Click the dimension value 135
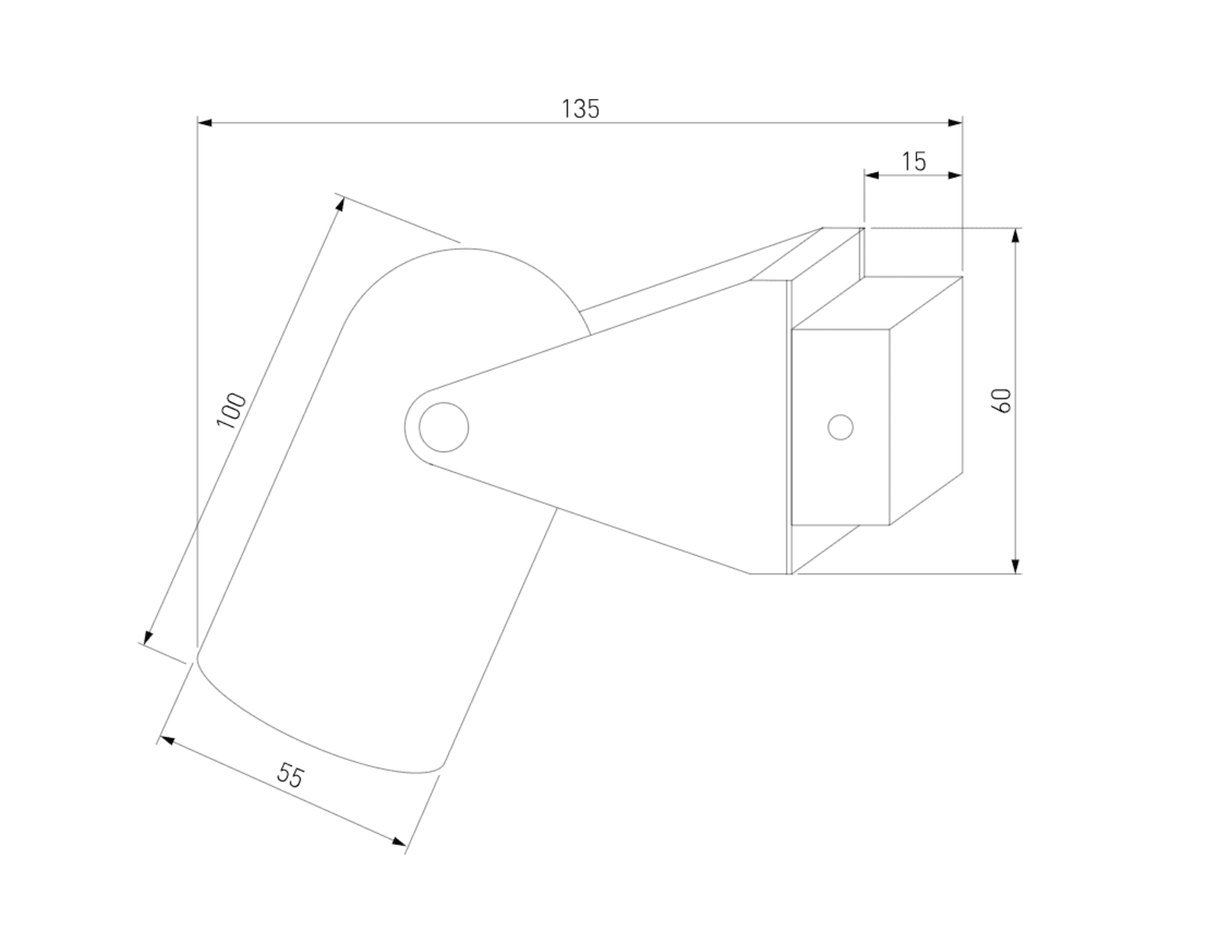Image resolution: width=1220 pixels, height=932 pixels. (581, 108)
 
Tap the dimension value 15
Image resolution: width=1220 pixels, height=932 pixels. (914, 161)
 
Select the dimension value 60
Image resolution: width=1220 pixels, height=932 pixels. (1003, 399)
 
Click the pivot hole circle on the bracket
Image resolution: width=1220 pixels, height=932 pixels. (444, 427)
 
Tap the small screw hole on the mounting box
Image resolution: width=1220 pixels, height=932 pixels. (840, 427)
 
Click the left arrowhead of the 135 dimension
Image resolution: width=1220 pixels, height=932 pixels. (205, 123)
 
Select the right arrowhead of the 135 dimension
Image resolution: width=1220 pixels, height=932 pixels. (955, 123)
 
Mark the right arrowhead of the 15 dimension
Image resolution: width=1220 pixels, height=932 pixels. (955, 174)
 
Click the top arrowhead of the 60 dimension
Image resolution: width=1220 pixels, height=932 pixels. (1015, 236)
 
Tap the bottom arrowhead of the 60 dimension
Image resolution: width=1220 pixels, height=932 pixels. (1015, 566)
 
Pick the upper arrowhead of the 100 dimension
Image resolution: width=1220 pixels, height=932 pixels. (340, 203)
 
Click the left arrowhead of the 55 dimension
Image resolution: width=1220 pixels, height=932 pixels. (166, 740)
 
